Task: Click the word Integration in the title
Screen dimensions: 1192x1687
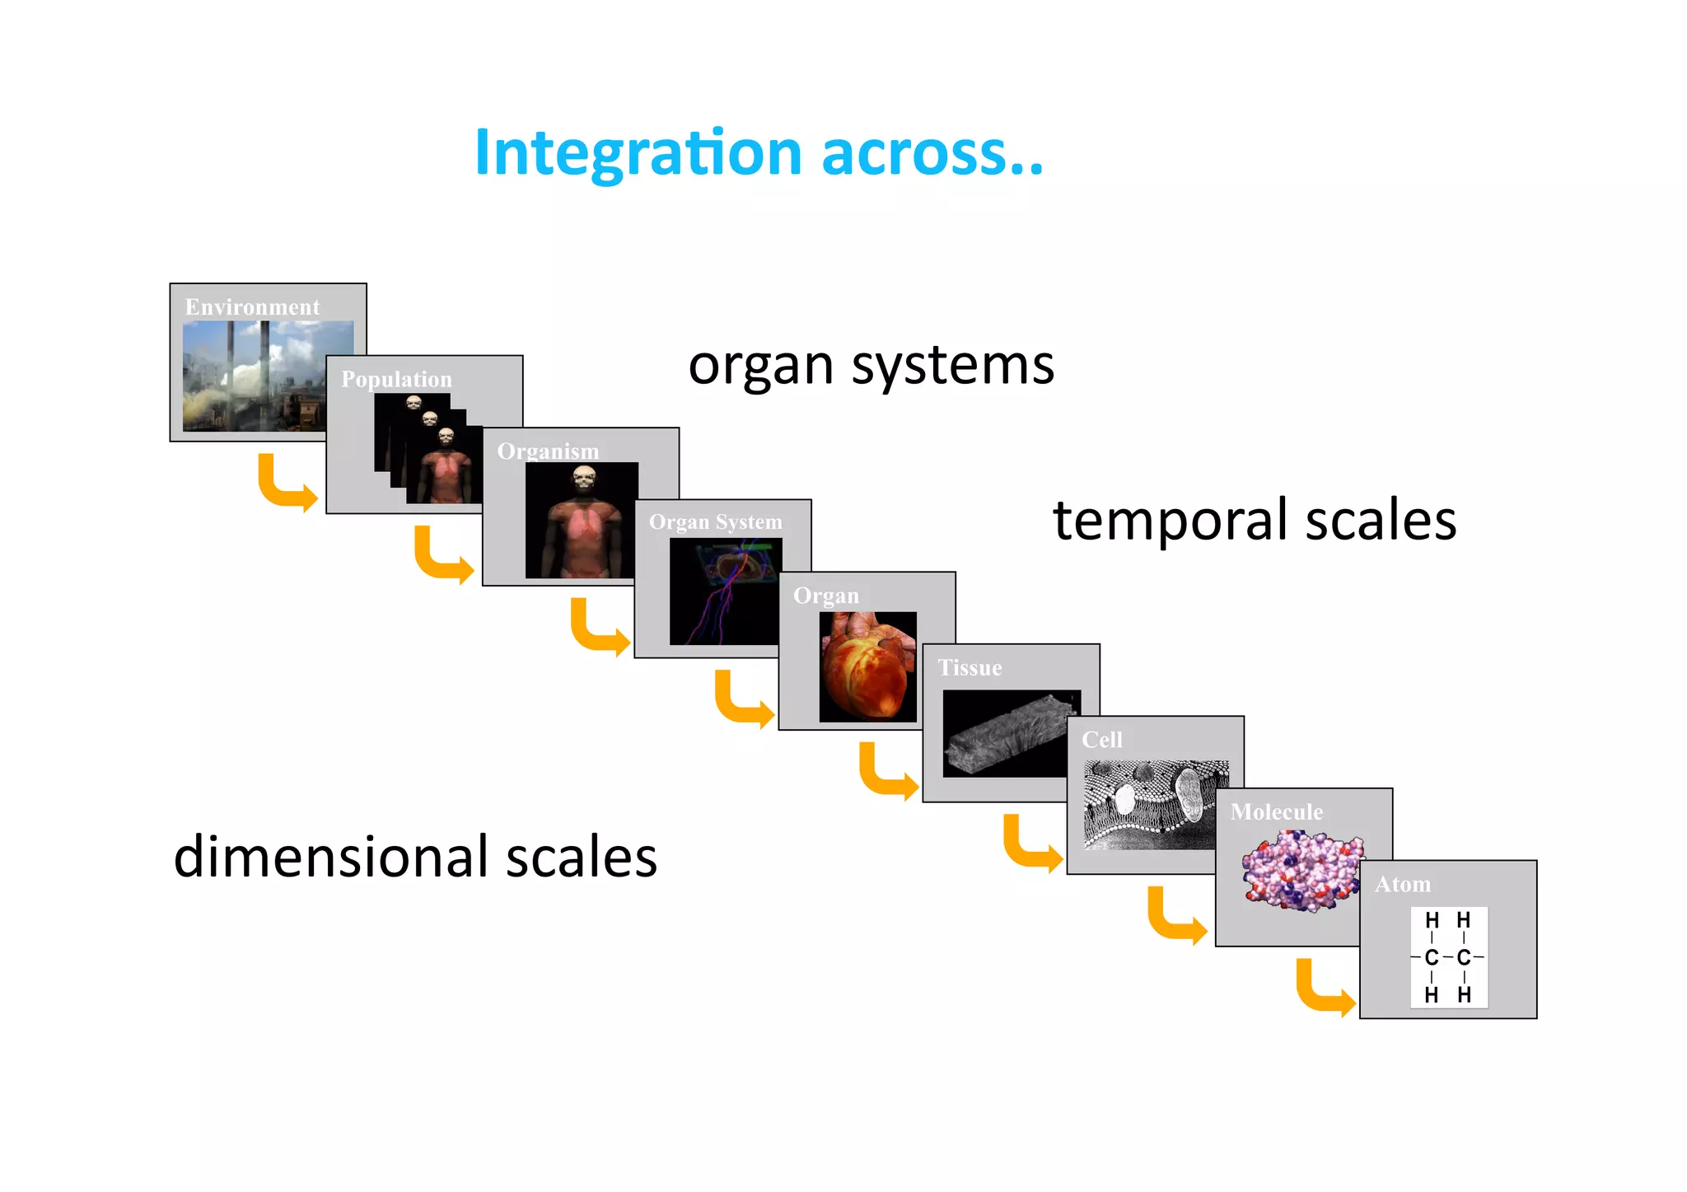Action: click(638, 154)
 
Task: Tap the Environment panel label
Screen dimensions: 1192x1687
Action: click(252, 307)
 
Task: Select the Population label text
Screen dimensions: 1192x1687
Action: click(396, 379)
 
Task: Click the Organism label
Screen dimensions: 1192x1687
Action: click(548, 451)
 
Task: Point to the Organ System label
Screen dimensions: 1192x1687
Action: click(715, 522)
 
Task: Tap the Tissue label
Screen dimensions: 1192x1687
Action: click(970, 667)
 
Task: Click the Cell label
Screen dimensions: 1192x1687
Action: click(1101, 740)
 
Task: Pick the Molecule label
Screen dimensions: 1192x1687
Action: click(1276, 812)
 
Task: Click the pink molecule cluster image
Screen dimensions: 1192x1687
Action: click(1301, 871)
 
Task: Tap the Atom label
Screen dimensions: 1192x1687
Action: click(1402, 885)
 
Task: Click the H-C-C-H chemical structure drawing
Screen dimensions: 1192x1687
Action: click(1448, 957)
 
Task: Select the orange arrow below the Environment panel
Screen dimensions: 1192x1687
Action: click(285, 484)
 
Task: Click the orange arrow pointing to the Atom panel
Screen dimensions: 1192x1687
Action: click(1323, 989)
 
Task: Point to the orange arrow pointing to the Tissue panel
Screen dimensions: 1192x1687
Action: click(886, 773)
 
